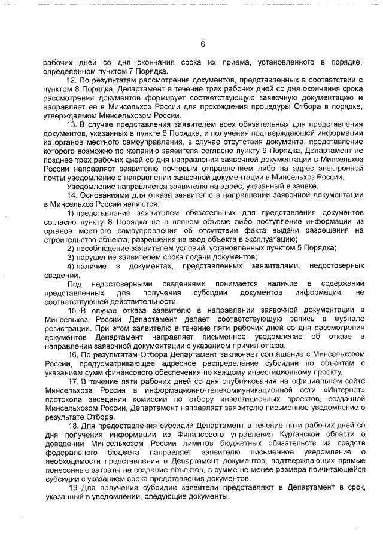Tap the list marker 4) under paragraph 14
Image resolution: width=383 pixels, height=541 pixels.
click(x=71, y=265)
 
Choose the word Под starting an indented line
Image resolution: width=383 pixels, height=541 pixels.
click(x=74, y=283)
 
